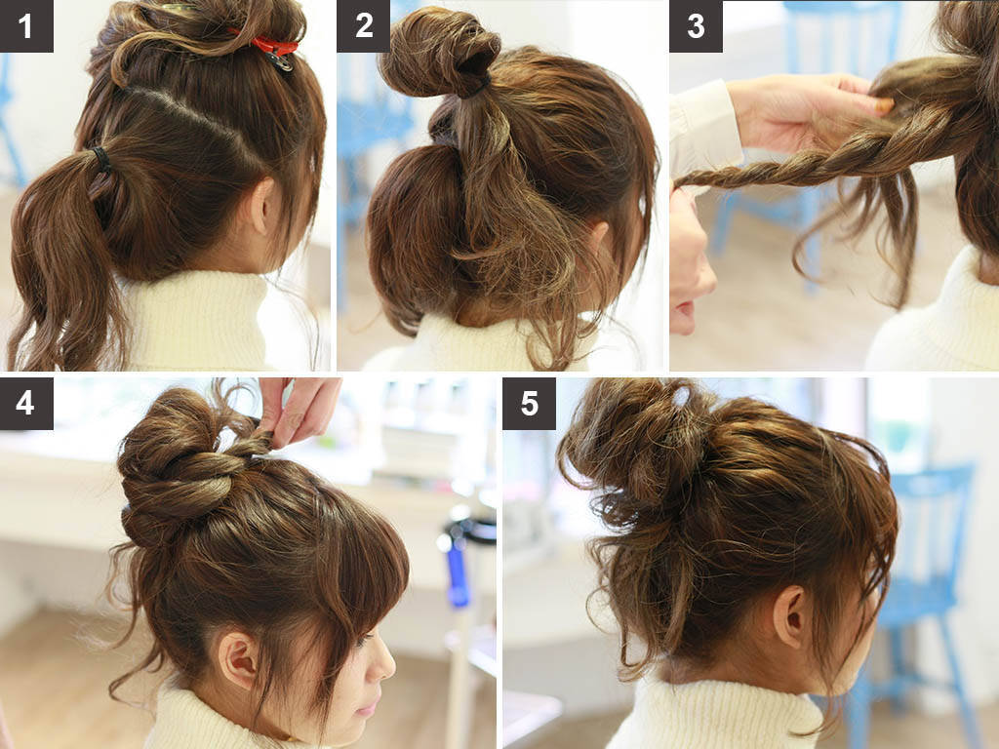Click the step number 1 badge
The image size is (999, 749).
[x=26, y=25]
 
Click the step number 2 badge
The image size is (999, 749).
[x=363, y=25]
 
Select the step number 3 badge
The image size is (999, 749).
[x=696, y=25]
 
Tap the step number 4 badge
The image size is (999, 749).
[x=26, y=403]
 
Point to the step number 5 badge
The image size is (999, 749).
[x=529, y=403]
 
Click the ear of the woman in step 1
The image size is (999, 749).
[x=260, y=205]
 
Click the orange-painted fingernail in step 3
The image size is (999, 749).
[x=884, y=105]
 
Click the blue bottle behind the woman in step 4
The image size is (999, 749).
[x=458, y=573]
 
